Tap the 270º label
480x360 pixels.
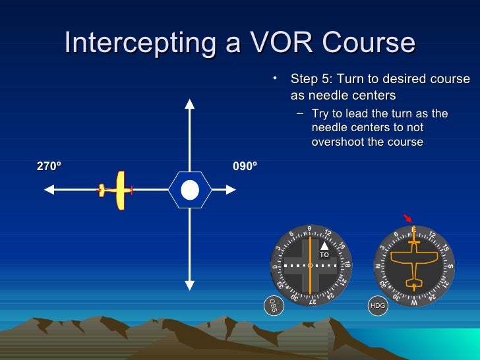pos(49,167)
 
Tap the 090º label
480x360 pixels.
pos(245,167)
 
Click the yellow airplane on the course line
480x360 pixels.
pos(119,191)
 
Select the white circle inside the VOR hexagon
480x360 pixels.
pos(190,190)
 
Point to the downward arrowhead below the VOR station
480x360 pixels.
pos(190,285)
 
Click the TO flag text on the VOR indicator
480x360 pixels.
pos(324,255)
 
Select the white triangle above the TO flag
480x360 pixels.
pos(324,246)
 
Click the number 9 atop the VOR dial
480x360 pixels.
pos(309,229)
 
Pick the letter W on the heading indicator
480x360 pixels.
pos(413,303)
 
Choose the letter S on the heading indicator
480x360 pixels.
pos(450,266)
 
